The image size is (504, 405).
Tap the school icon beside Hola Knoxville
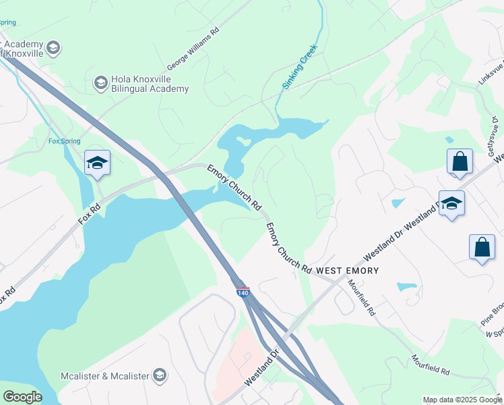pyautogui.click(x=101, y=83)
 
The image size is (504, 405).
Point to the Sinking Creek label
pyautogui.click(x=298, y=73)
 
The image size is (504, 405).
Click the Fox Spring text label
pyautogui.click(x=64, y=141)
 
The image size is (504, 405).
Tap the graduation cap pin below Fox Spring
pyautogui.click(x=97, y=163)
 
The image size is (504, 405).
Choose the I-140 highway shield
pyautogui.click(x=243, y=292)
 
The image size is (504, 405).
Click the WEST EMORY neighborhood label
pyautogui.click(x=348, y=271)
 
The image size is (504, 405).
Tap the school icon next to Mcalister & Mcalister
pyautogui.click(x=160, y=375)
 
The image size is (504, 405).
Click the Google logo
pyautogui.click(x=22, y=397)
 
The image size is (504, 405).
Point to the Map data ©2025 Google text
pyautogui.click(x=462, y=400)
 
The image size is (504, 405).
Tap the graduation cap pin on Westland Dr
pyautogui.click(x=451, y=203)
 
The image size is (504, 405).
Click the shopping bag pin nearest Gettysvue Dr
pyautogui.click(x=460, y=162)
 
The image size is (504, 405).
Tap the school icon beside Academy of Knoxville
pyautogui.click(x=53, y=47)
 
